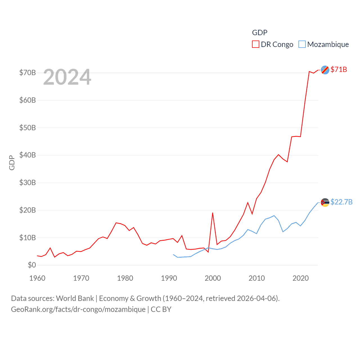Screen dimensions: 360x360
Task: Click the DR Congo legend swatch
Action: tap(255, 44)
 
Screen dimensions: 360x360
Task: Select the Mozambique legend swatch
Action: tap(302, 44)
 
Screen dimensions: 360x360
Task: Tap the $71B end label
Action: tap(339, 69)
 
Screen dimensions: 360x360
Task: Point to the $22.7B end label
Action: tap(341, 202)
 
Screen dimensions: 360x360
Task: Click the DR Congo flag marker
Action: tap(325, 70)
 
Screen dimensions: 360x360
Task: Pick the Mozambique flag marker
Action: tap(325, 202)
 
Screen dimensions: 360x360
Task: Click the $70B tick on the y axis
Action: tap(28, 73)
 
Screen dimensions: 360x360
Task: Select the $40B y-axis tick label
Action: tap(28, 155)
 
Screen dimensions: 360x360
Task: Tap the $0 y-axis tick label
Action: tap(32, 265)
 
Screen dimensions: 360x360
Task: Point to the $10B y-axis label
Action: tap(28, 238)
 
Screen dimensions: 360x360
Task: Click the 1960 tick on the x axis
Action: tap(37, 278)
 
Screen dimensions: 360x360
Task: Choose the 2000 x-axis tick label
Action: tap(213, 278)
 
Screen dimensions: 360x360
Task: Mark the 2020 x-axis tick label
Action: tap(301, 278)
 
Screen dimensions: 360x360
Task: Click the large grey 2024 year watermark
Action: tap(67, 77)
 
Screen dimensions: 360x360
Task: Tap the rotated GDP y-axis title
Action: tap(12, 163)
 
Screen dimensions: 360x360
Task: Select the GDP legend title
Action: tap(260, 33)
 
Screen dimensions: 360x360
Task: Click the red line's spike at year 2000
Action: tap(213, 213)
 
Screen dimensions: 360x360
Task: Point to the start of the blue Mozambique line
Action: tap(173, 255)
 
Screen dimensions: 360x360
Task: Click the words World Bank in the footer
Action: tap(75, 298)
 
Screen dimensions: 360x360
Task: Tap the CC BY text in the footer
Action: tap(161, 309)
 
